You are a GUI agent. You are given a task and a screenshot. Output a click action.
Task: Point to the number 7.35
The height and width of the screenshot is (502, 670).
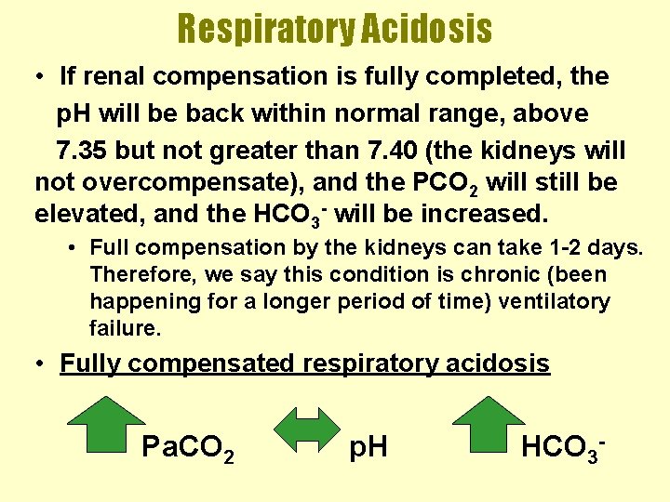coord(81,150)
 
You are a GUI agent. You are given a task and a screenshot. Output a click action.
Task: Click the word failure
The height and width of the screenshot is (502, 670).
coord(126,328)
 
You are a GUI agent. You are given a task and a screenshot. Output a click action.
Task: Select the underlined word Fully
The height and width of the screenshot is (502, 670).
coord(90,363)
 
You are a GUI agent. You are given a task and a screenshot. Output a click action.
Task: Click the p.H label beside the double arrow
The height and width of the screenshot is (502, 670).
coord(368,449)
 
